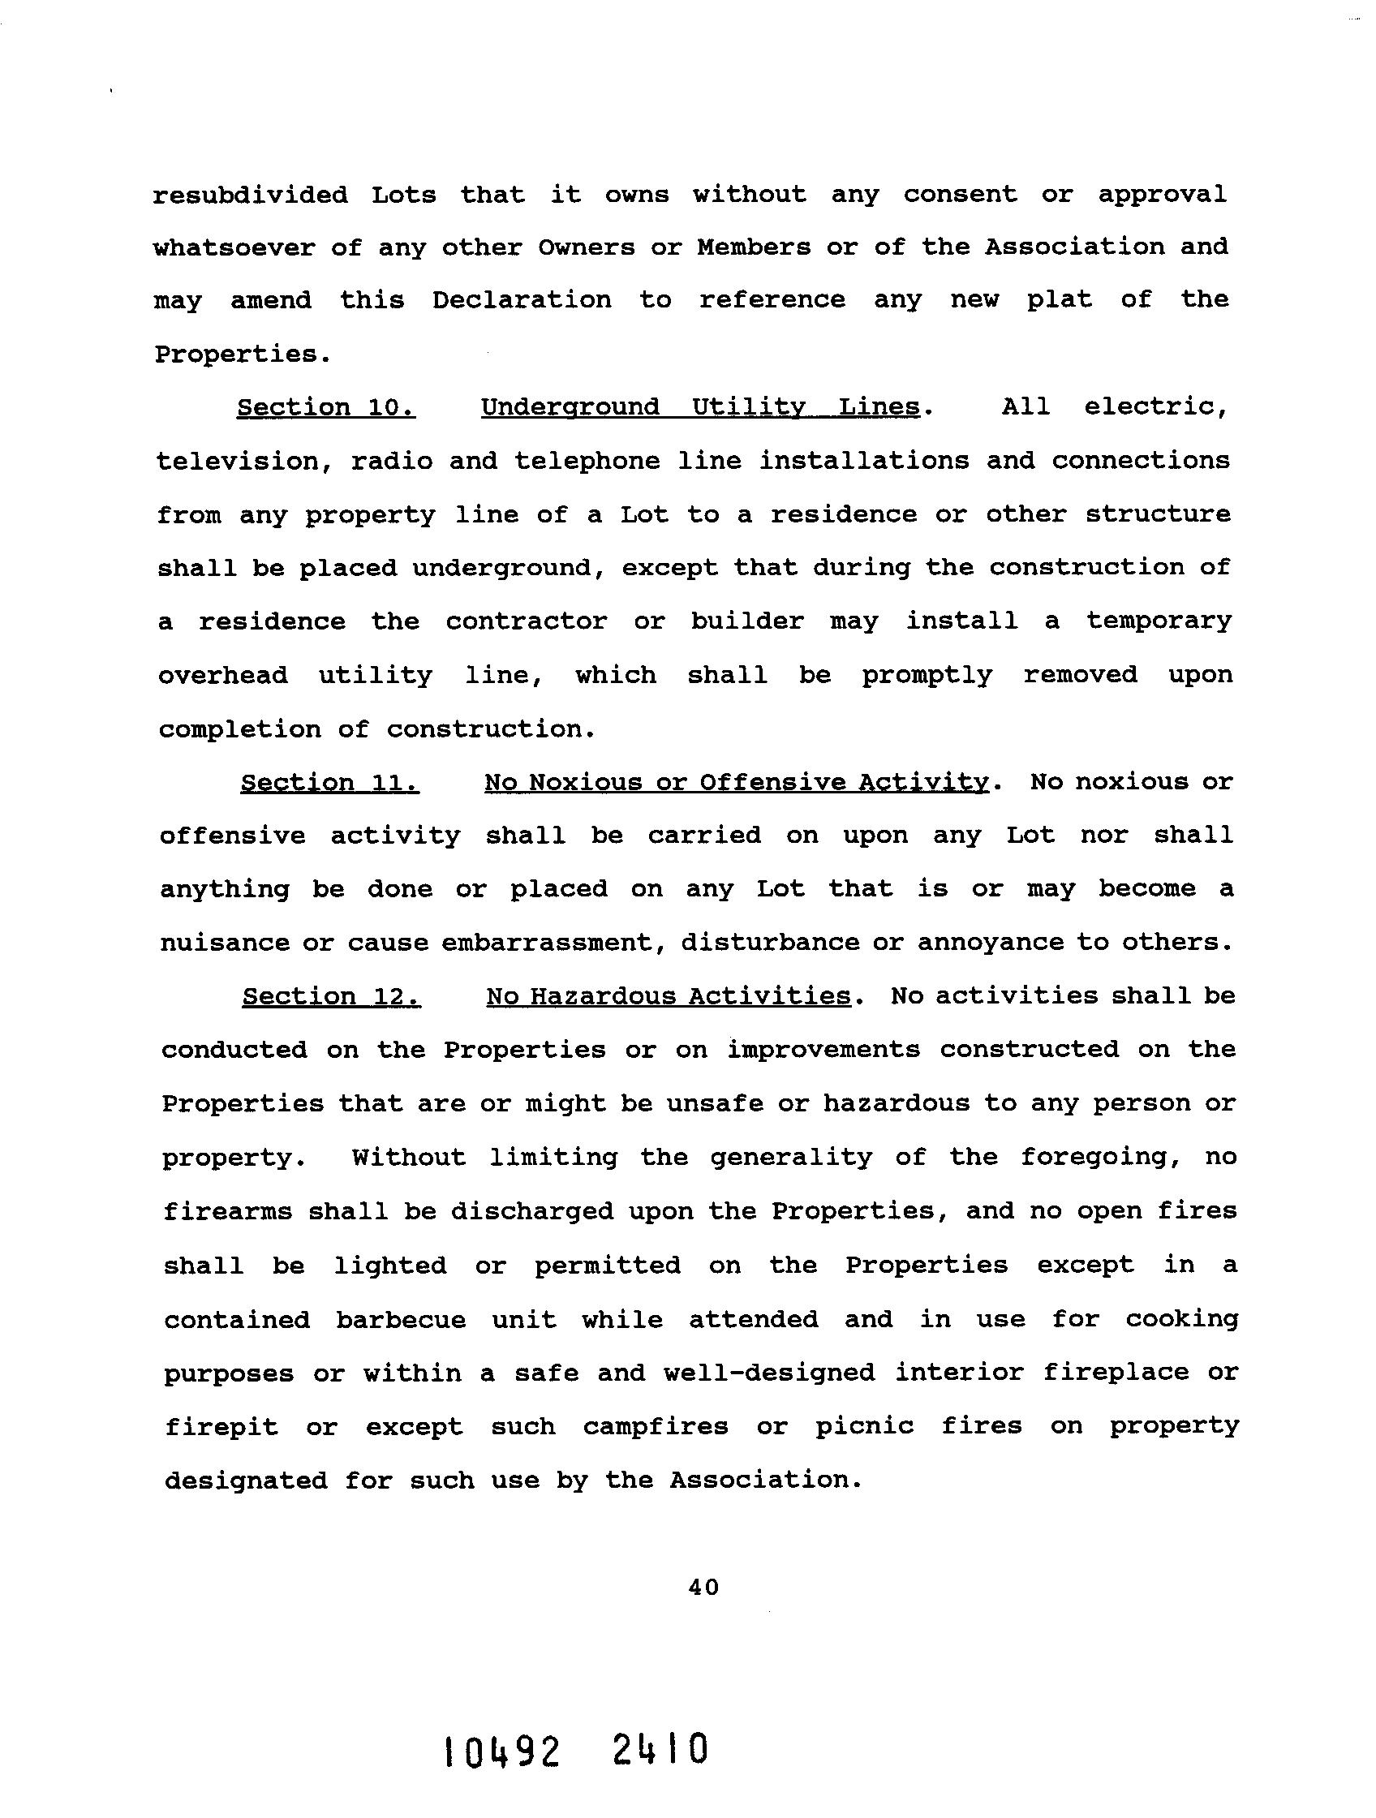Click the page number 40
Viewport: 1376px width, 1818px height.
(703, 1587)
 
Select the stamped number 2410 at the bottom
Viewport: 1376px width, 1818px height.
(660, 1751)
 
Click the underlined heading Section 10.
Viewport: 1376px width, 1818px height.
(325, 408)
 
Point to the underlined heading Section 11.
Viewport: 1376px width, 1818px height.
(329, 782)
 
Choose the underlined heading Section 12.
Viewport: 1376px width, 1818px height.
(331, 997)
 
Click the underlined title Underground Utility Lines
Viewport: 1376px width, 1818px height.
(699, 408)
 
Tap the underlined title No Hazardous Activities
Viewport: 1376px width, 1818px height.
(669, 997)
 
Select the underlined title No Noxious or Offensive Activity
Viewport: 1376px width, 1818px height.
(737, 782)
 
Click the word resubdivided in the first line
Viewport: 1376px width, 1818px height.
(250, 195)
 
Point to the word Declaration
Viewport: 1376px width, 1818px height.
(522, 300)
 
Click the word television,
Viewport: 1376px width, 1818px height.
(243, 461)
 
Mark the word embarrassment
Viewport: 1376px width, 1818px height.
(559, 942)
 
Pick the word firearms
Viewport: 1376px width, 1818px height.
(227, 1211)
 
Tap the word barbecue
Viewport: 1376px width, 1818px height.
(400, 1319)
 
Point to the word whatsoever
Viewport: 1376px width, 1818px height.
(234, 247)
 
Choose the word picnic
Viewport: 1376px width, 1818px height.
(864, 1426)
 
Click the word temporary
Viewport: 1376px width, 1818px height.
(1159, 621)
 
